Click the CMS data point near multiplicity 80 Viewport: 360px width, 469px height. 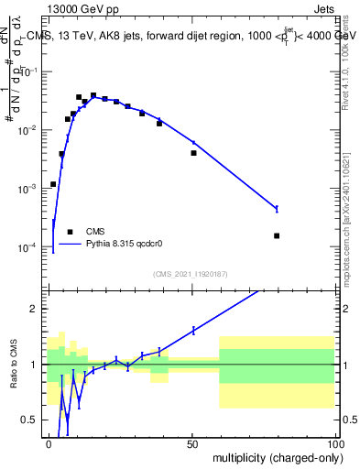tap(277, 235)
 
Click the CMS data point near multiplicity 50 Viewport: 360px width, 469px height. tap(193, 153)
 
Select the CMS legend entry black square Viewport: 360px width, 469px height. tap(70, 232)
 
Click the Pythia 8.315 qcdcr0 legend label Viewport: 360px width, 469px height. tap(125, 245)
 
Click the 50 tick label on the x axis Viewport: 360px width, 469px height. tap(191, 444)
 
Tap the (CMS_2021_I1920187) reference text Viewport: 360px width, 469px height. tap(190, 274)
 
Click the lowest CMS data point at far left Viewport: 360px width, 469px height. tap(53, 184)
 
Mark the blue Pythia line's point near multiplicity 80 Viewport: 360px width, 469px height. tap(277, 209)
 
